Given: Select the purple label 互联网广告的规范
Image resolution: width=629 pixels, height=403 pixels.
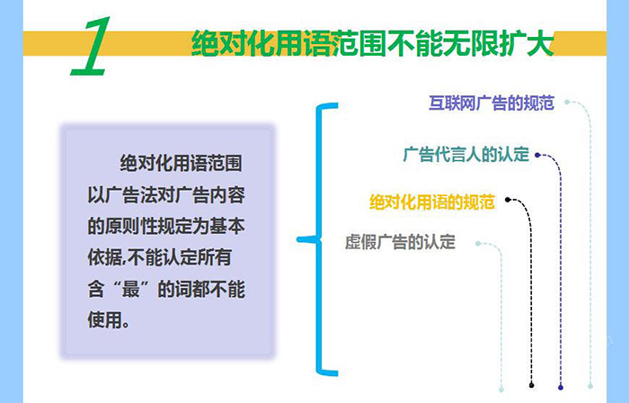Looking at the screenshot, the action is coord(492,103).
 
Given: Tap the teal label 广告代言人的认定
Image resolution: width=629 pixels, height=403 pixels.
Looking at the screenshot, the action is coord(466,155).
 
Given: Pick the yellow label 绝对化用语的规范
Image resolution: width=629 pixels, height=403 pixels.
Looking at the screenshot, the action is coord(432,201).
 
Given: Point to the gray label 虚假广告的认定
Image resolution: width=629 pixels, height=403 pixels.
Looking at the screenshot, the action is coord(401,242).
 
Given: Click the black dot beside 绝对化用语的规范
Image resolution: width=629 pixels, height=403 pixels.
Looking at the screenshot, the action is coord(508,200).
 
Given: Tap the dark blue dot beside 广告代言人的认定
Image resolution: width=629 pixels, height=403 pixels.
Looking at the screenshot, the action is coord(537,155).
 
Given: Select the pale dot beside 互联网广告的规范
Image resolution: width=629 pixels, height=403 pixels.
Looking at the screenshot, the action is coord(567,102).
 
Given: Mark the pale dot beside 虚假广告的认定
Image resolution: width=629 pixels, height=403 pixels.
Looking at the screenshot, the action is coord(478,244).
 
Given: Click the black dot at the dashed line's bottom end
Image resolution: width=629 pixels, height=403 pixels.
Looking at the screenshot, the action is coord(532,385).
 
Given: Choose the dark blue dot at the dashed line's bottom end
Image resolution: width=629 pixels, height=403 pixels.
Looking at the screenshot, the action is coord(561,388).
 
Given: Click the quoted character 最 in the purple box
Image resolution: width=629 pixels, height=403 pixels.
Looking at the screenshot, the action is coord(131,289).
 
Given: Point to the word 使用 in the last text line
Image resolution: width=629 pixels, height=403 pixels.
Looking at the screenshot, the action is coord(105,320).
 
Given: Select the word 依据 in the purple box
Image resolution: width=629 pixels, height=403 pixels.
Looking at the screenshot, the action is coord(105,257).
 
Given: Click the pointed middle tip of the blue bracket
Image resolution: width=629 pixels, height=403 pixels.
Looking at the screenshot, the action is coord(299,239).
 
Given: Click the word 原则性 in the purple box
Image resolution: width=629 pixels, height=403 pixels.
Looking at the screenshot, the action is coord(131,227).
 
